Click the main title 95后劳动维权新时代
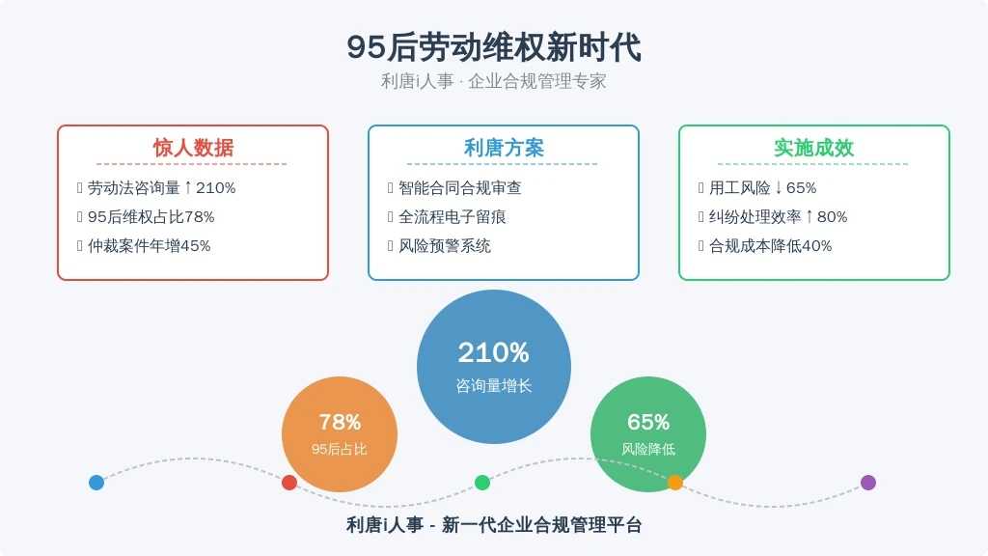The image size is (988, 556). (494, 47)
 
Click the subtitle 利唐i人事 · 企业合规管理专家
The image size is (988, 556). (494, 81)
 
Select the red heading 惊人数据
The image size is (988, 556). (193, 148)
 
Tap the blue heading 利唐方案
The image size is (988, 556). (504, 148)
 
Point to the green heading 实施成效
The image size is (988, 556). (813, 148)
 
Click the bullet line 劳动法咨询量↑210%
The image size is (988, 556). (161, 188)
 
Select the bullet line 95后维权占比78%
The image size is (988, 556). (151, 217)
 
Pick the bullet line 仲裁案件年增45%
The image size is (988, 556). (150, 246)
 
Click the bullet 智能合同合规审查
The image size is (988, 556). (460, 188)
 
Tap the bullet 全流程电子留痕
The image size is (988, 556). (453, 217)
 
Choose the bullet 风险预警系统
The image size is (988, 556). (445, 246)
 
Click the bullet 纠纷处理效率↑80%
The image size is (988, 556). (779, 217)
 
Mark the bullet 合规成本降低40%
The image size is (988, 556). (771, 246)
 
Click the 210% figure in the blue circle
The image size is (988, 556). (493, 353)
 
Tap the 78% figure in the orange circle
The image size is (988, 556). (340, 422)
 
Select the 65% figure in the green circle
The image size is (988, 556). (648, 422)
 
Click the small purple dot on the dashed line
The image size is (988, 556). (868, 483)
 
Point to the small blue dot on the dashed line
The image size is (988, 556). (96, 483)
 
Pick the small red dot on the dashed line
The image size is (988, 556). (289, 483)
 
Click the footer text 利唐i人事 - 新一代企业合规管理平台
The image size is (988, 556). (494, 525)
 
